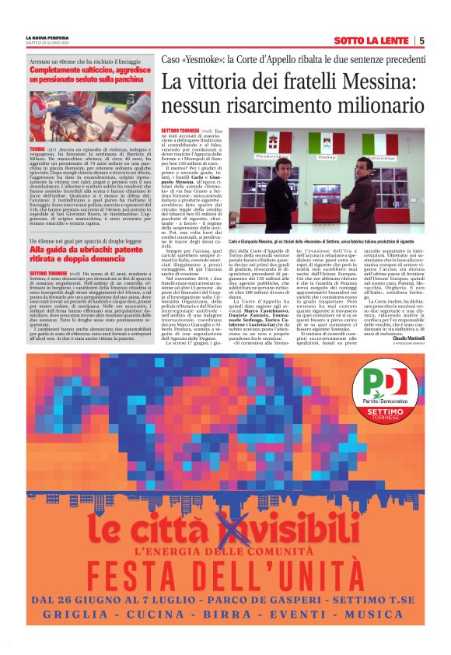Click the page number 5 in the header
[x=421, y=40]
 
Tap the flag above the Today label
[x=330, y=144]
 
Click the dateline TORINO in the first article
[x=37, y=147]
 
